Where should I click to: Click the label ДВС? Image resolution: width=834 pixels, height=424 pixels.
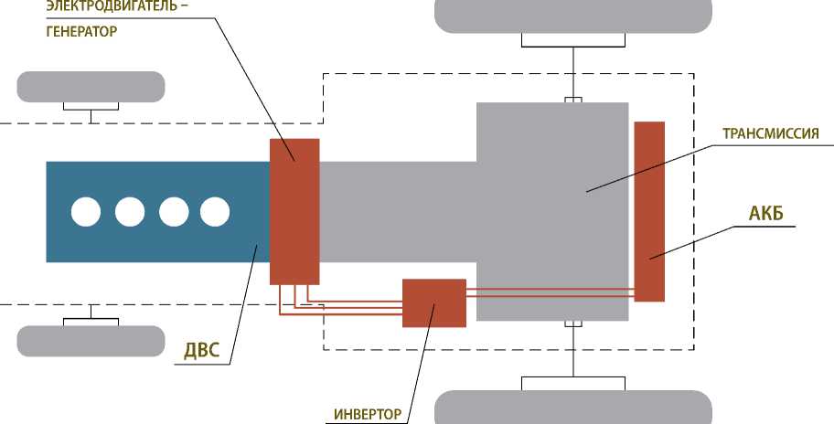coord(201,350)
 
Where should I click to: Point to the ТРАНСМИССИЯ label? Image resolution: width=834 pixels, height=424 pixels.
coord(776,132)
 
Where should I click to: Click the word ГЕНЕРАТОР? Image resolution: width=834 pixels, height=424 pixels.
coord(81,30)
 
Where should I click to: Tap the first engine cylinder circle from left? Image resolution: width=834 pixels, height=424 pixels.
coord(86,212)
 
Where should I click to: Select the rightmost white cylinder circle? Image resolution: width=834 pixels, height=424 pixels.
coord(214,212)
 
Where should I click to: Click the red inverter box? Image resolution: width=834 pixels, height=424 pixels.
coord(434,302)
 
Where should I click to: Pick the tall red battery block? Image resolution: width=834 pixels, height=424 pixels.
coord(649,210)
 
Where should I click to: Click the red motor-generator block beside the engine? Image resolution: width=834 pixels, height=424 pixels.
coord(294,211)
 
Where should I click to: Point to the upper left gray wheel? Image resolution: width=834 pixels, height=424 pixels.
coord(91,87)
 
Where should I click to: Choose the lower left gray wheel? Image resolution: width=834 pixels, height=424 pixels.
coord(91,340)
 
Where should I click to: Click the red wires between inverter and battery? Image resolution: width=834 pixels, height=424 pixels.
coord(549,293)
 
